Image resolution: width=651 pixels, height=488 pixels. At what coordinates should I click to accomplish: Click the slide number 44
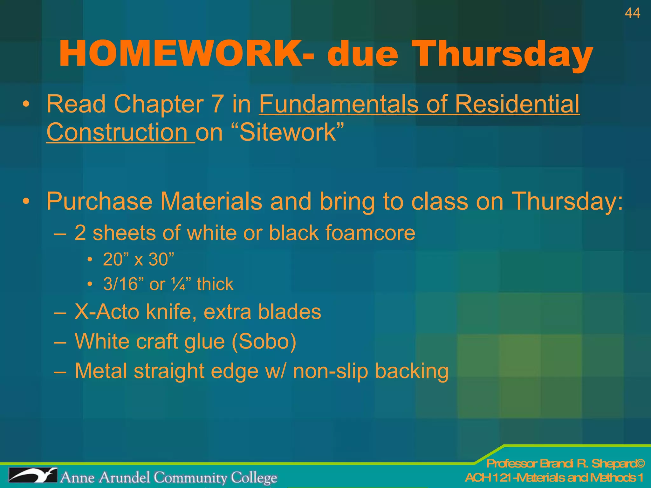tap(632, 13)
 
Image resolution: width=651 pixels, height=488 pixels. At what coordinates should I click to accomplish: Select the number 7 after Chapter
tap(217, 104)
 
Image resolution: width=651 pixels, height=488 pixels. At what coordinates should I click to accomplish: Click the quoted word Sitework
tap(288, 132)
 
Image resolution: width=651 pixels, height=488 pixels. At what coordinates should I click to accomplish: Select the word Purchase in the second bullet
tap(99, 201)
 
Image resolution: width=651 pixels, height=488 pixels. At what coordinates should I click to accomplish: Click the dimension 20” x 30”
tap(139, 259)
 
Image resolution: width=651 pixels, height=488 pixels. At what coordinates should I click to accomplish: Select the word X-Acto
tap(106, 312)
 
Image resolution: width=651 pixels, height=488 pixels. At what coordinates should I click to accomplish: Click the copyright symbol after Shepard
tap(640, 464)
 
